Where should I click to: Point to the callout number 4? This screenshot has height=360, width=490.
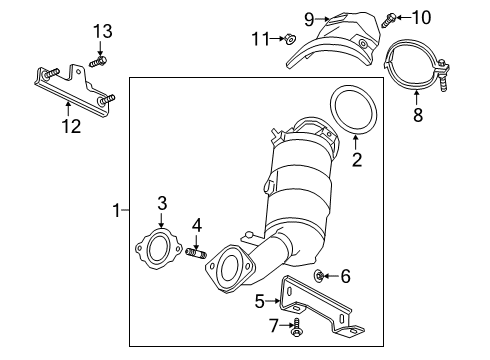tap(197, 224)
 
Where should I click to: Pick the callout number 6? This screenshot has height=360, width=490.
tap(346, 275)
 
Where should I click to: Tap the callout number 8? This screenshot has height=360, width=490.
tap(417, 116)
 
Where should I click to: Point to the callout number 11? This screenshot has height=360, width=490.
tap(262, 39)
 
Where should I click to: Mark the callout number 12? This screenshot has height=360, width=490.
tap(67, 126)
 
